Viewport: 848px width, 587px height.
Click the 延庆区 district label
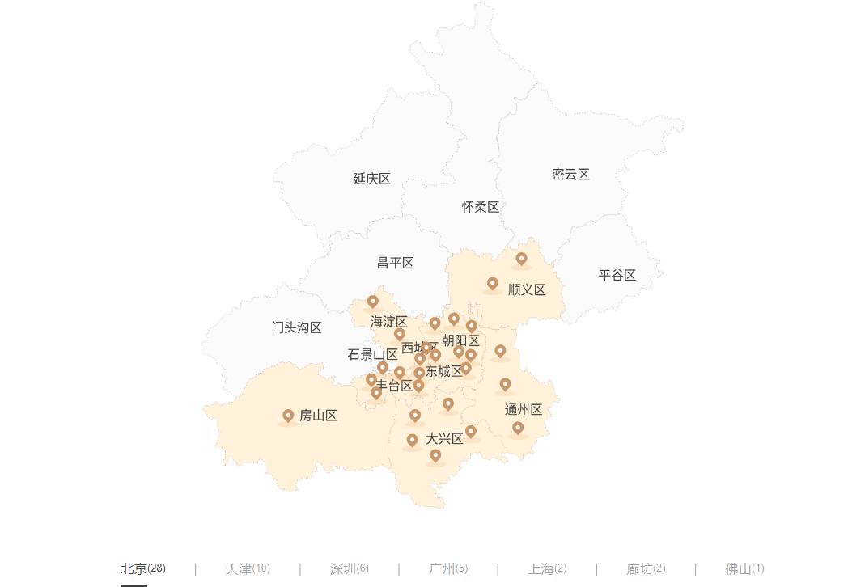click(x=372, y=179)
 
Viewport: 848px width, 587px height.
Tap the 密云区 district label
click(x=570, y=175)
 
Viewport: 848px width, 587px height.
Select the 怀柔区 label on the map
click(x=481, y=207)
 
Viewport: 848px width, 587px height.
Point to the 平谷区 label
click(x=617, y=276)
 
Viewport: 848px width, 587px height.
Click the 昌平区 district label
click(x=396, y=263)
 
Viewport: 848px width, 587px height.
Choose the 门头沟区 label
click(x=297, y=327)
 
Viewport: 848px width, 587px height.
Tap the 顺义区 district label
click(x=527, y=290)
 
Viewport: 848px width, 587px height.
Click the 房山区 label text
click(x=318, y=416)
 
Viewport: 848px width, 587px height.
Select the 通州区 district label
click(x=524, y=410)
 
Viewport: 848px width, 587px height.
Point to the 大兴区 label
click(x=445, y=439)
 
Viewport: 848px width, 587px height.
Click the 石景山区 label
click(x=372, y=354)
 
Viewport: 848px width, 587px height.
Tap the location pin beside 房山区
click(x=288, y=416)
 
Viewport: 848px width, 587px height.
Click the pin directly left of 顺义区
click(x=492, y=284)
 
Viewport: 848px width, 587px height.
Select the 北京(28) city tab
click(x=143, y=568)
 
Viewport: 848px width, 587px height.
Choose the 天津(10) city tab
click(x=248, y=568)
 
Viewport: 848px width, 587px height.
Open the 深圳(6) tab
click(x=350, y=568)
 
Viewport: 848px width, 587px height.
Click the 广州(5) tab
click(x=448, y=568)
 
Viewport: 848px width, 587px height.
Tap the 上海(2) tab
click(x=548, y=568)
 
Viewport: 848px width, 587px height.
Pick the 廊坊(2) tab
click(x=647, y=568)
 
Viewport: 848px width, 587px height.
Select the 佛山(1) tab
click(x=745, y=568)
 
